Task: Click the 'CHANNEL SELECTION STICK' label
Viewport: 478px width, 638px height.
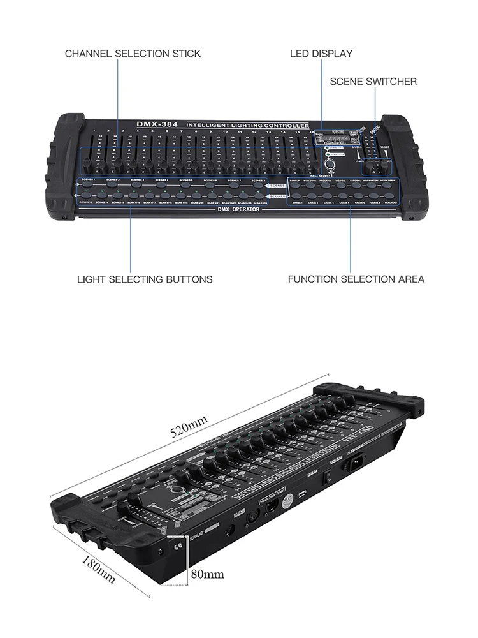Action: click(x=133, y=54)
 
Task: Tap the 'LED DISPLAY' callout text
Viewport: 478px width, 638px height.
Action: click(x=321, y=54)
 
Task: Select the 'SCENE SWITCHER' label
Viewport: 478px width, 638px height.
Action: click(x=373, y=82)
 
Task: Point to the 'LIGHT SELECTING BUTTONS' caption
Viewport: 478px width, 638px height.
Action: click(x=145, y=279)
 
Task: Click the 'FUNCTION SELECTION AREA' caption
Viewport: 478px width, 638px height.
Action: click(x=356, y=279)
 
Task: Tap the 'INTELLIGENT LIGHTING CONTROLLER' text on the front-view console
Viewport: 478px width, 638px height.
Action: click(x=247, y=125)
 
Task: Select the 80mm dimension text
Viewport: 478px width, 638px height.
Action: click(x=208, y=574)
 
